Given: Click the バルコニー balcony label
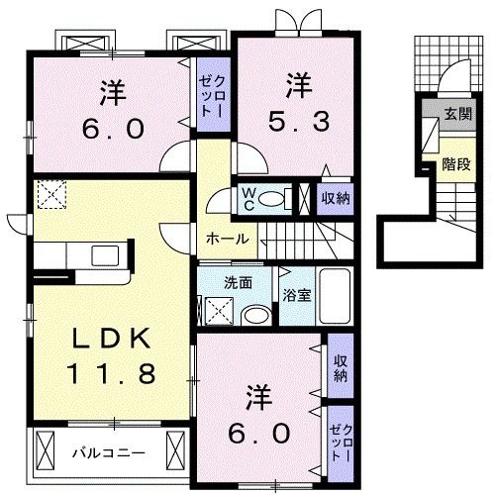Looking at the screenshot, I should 109,453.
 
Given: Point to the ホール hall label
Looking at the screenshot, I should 226,240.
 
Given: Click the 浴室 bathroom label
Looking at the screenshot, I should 295,295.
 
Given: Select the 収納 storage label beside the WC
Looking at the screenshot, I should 335,197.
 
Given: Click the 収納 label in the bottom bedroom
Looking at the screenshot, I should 340,367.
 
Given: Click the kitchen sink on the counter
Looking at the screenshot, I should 105,255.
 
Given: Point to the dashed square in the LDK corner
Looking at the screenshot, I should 50,194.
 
